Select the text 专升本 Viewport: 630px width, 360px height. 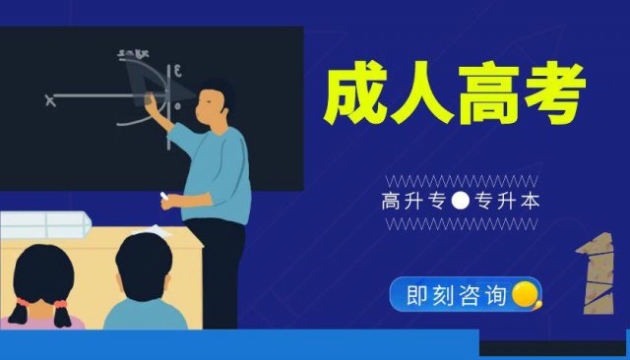tap(506, 203)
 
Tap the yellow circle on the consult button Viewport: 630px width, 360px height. tap(524, 293)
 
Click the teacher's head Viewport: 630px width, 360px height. tap(214, 102)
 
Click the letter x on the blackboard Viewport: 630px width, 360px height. tap(49, 98)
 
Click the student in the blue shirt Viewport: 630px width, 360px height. tap(145, 285)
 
